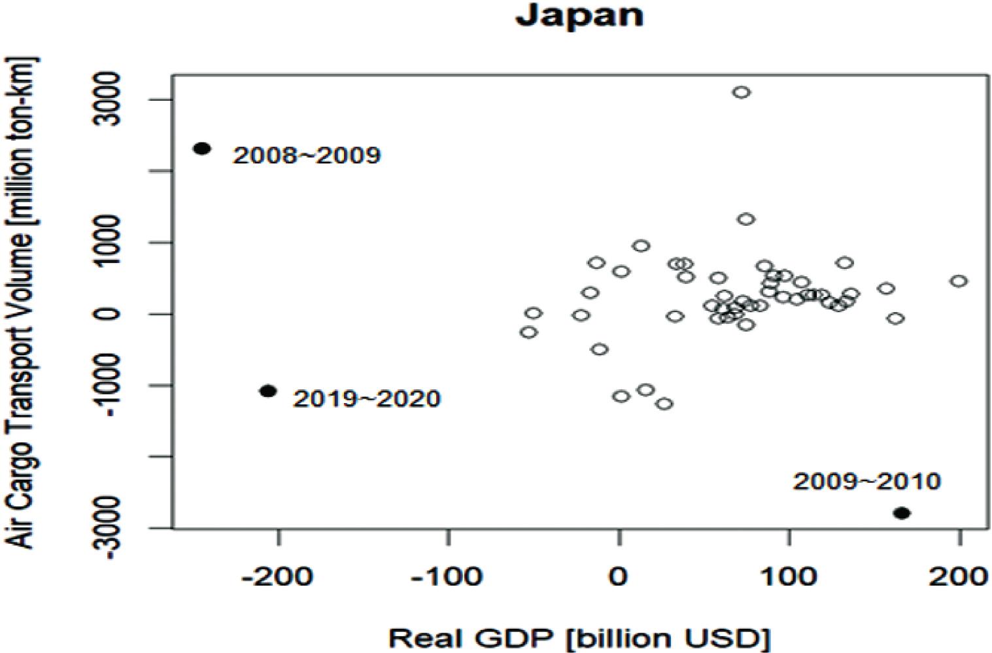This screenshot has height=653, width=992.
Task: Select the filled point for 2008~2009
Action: [202, 149]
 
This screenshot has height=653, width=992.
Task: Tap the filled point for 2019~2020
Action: [267, 391]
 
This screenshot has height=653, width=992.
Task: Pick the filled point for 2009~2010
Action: [902, 513]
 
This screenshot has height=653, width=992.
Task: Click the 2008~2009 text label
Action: [307, 156]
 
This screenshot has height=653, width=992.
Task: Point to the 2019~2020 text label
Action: [366, 398]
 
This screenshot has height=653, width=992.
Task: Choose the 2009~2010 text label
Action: [866, 482]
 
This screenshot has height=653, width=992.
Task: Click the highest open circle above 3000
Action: [741, 92]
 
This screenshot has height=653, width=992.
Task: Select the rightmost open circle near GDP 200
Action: [959, 281]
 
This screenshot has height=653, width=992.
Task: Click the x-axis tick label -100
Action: [449, 576]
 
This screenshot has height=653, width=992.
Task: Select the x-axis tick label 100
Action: [789, 576]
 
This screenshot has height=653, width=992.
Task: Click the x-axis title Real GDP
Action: [579, 637]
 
